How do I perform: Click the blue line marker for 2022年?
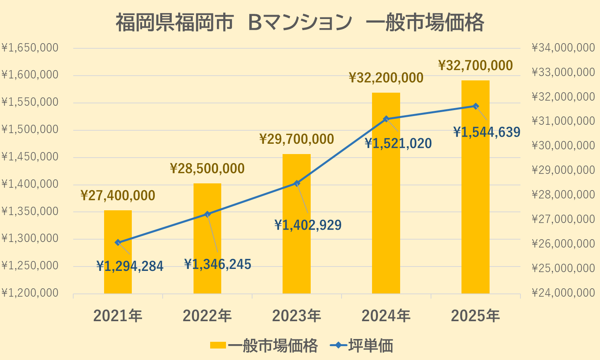coord(207,214)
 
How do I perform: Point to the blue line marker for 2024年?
coord(386,119)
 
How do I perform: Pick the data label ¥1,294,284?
coord(130,266)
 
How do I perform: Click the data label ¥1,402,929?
coord(308,225)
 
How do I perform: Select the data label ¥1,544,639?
coord(486,132)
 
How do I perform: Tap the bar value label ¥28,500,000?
coord(207,169)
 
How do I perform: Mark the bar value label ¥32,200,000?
coord(386,78)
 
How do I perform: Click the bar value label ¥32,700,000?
coord(475,65)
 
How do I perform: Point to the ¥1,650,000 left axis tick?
coord(30,48)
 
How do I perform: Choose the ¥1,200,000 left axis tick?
coord(30,293)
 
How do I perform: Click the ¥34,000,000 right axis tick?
coord(563,48)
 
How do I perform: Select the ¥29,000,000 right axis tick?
coord(563,170)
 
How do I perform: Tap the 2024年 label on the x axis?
coord(386,316)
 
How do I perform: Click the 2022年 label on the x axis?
coord(207,316)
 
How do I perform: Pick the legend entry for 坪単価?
coord(362,346)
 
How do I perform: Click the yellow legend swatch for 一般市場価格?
coord(218,346)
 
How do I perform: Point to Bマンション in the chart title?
coord(300,23)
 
